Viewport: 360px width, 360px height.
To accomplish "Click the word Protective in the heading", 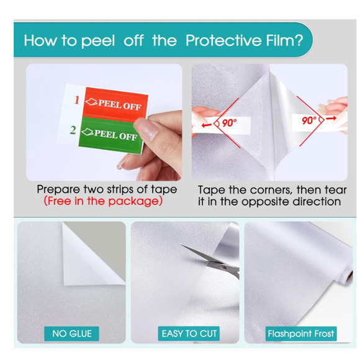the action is click(224, 40).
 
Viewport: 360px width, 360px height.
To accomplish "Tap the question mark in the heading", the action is click(299, 40).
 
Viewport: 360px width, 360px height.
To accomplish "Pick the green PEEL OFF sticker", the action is click(110, 135).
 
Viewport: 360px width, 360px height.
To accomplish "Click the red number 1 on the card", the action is click(77, 100).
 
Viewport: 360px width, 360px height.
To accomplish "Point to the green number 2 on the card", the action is click(73, 130).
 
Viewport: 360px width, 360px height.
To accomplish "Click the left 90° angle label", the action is click(228, 123).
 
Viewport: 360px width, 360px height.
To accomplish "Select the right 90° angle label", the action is click(309, 120).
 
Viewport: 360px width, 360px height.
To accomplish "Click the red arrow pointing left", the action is click(207, 125).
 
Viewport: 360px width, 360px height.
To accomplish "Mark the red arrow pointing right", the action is click(331, 118).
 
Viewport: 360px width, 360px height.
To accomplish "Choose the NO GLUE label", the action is click(72, 333).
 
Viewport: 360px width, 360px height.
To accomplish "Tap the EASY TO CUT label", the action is click(189, 333).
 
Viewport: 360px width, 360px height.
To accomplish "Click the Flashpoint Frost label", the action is click(301, 333).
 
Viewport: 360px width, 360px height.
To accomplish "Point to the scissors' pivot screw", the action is click(222, 267).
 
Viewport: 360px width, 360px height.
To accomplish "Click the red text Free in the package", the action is click(103, 201).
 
